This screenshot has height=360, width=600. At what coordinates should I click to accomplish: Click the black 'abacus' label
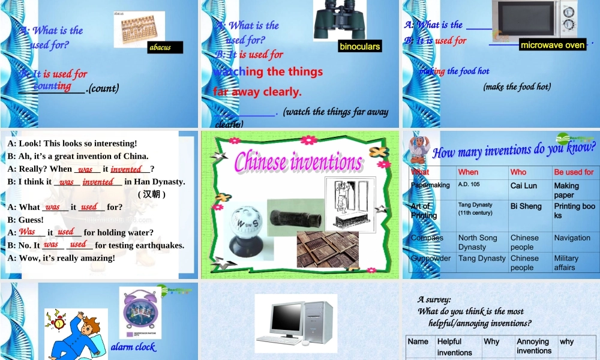165,47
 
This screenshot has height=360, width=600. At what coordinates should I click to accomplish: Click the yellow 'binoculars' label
360,46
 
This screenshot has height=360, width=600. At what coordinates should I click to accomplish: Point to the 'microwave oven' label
553,45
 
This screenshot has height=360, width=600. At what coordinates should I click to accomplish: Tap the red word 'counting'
52,86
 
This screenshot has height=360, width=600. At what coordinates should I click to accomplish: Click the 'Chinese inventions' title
298,161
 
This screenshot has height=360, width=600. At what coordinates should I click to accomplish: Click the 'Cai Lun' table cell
524,186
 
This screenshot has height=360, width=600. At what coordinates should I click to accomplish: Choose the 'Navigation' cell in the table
572,238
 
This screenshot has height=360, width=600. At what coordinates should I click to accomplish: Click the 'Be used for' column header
574,172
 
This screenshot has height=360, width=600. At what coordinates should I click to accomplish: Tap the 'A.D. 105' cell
469,185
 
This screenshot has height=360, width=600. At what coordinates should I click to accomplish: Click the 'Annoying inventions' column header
534,346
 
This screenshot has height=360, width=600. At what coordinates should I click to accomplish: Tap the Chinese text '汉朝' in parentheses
152,194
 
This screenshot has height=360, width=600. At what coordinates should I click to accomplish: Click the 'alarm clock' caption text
133,347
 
